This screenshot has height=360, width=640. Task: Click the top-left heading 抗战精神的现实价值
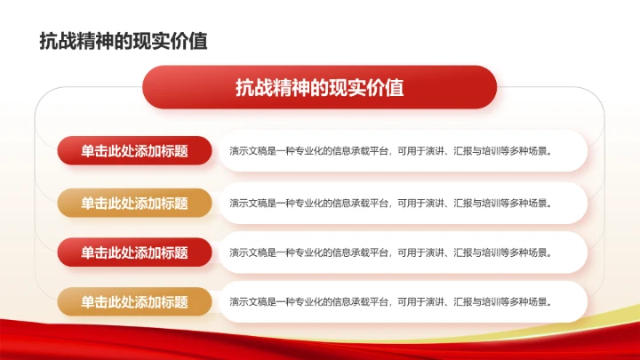(124, 42)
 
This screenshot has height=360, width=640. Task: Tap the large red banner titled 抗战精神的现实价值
(320, 87)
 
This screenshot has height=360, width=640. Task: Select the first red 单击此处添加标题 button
(135, 151)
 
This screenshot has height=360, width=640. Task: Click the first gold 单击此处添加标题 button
(135, 203)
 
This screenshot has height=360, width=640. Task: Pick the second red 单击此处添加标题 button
(135, 252)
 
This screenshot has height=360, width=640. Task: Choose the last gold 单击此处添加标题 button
(135, 302)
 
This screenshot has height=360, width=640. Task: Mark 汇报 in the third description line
(462, 252)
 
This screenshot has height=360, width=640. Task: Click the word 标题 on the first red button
(175, 151)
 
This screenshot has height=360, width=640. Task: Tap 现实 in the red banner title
(347, 87)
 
